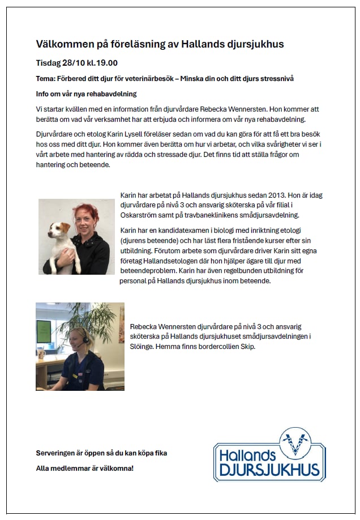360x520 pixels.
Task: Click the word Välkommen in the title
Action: pyautogui.click(x=64, y=44)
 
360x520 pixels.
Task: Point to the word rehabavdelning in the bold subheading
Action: pyautogui.click(x=112, y=93)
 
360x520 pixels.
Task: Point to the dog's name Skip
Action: pyautogui.click(x=247, y=346)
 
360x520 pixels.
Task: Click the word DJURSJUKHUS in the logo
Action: pyautogui.click(x=269, y=470)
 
